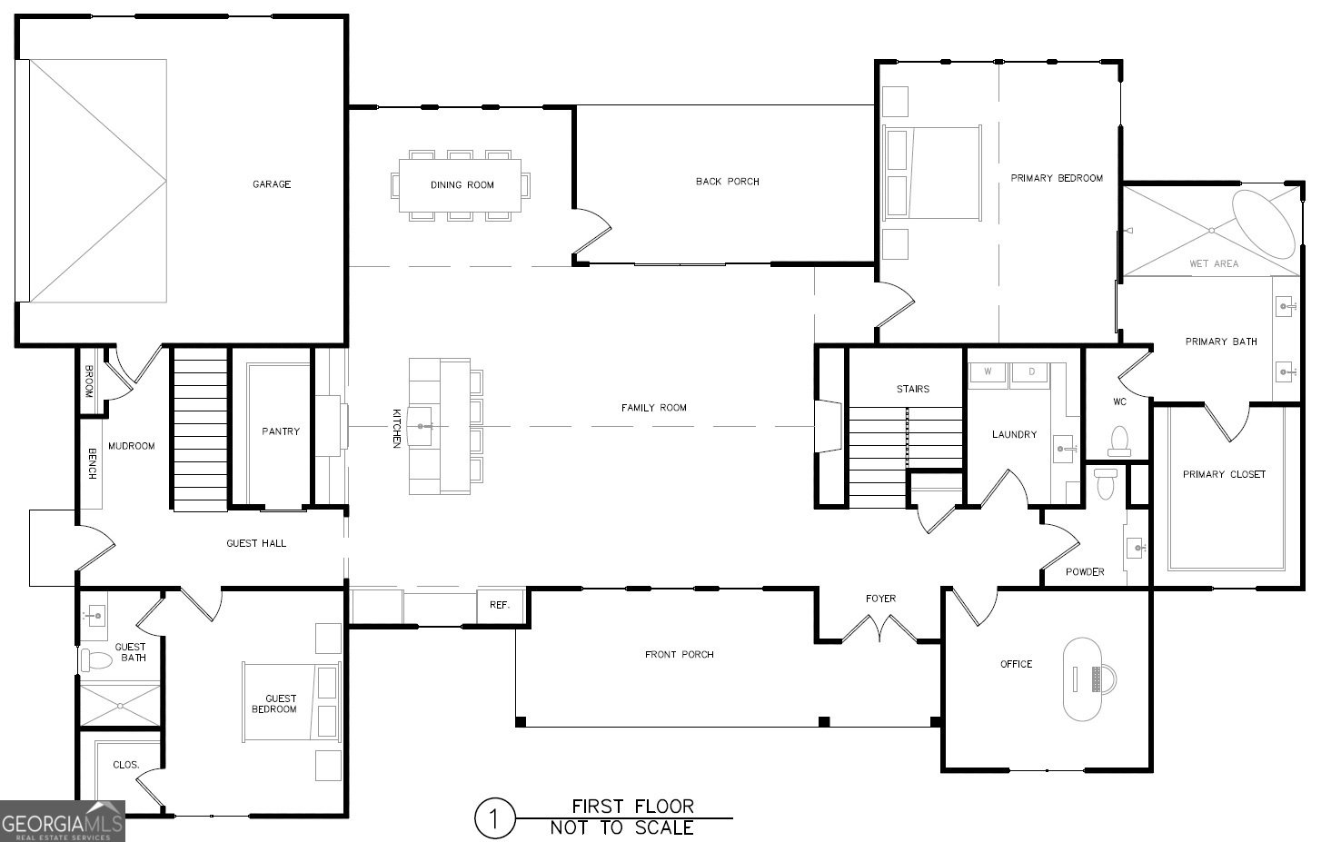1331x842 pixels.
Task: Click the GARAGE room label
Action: tap(272, 184)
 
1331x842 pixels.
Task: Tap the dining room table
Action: tap(462, 185)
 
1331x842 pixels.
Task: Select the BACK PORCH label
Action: tap(727, 182)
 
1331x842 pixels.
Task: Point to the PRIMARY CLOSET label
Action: tap(1224, 474)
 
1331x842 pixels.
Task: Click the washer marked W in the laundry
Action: tap(987, 372)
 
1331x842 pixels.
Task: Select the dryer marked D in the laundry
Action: tap(1031, 372)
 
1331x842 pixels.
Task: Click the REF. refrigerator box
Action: tap(500, 606)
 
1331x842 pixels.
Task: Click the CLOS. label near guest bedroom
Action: tap(125, 765)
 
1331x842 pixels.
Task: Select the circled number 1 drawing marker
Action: tap(495, 818)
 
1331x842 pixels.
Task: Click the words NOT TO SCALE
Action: tap(621, 827)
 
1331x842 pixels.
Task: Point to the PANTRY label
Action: tap(281, 431)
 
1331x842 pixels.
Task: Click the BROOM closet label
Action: tap(89, 381)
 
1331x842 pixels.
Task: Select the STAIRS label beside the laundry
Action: tap(912, 389)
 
